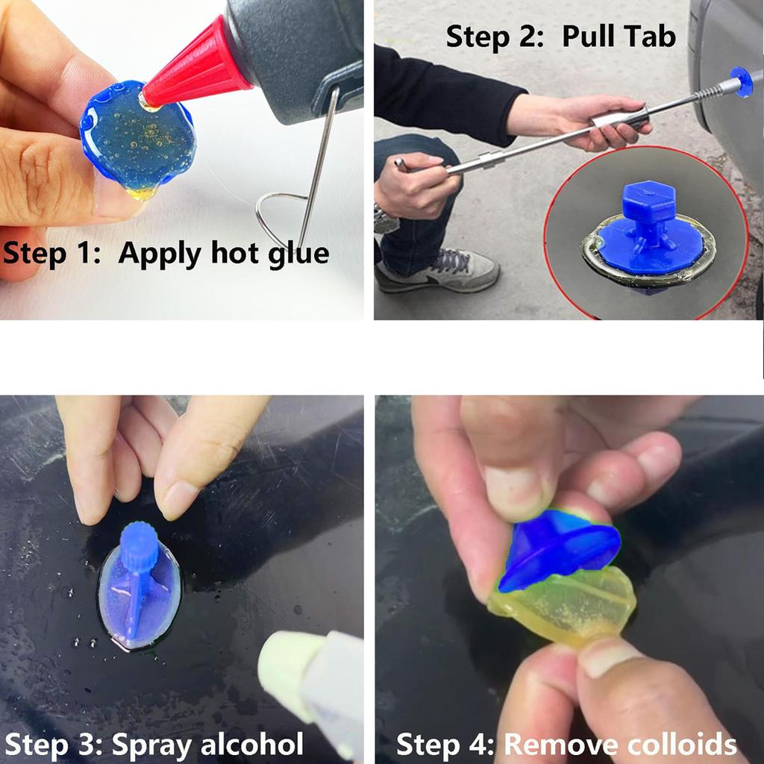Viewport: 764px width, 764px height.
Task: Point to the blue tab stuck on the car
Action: pos(741,81)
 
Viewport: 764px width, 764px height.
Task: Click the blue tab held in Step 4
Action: pos(560,548)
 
